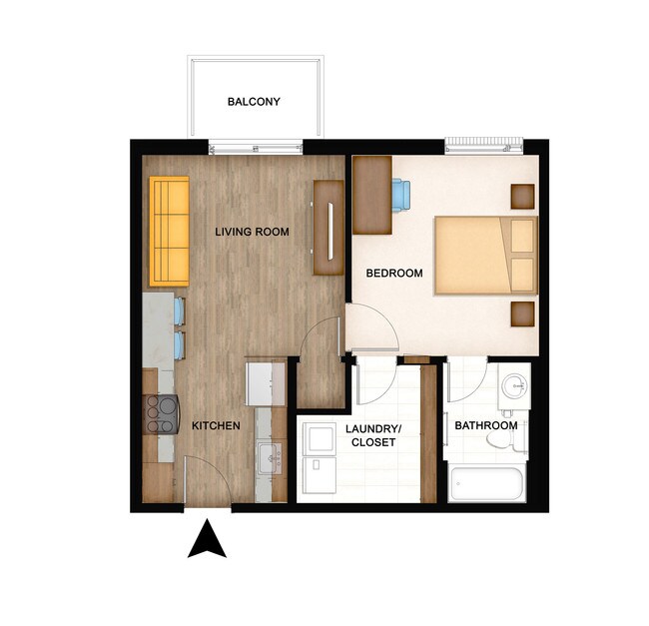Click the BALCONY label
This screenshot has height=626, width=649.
click(254, 102)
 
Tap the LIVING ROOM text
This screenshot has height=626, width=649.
click(253, 233)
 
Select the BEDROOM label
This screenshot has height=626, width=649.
click(394, 273)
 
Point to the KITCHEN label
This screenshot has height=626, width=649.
click(216, 426)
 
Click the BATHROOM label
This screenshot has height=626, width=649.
click(486, 426)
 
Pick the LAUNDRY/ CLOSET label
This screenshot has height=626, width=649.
click(372, 434)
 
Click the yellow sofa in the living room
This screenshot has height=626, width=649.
click(170, 231)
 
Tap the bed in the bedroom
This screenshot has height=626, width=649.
click(485, 257)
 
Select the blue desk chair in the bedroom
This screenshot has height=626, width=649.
click(401, 195)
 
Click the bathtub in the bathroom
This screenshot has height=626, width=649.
click(487, 484)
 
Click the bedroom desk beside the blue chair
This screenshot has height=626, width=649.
click(371, 194)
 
